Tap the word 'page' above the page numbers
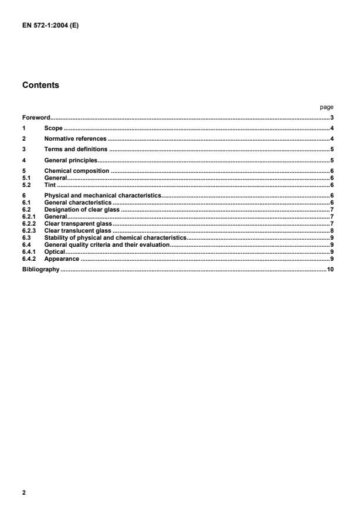click(x=327, y=107)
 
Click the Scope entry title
click(x=53, y=128)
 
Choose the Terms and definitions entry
click(x=76, y=149)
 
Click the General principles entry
click(x=70, y=160)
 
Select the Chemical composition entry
click(x=77, y=171)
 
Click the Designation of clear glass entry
click(x=82, y=209)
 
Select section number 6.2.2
click(x=29, y=223)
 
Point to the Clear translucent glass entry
click(x=77, y=231)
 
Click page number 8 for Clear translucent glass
click(x=332, y=231)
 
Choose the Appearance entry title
click(x=62, y=259)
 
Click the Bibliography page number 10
click(x=330, y=270)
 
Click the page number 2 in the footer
click(x=24, y=493)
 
